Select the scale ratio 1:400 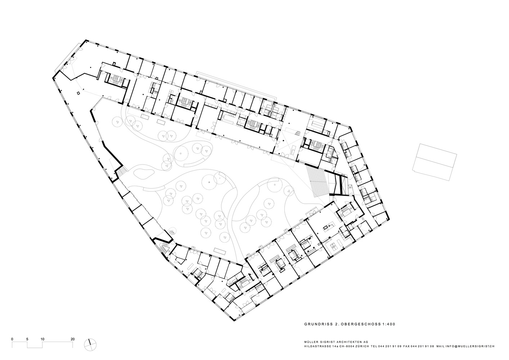388,324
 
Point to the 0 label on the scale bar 12,339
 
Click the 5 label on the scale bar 27,339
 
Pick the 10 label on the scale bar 42,339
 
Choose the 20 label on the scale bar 72,339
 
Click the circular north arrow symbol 90,345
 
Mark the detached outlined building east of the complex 434,162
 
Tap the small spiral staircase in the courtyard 172,232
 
